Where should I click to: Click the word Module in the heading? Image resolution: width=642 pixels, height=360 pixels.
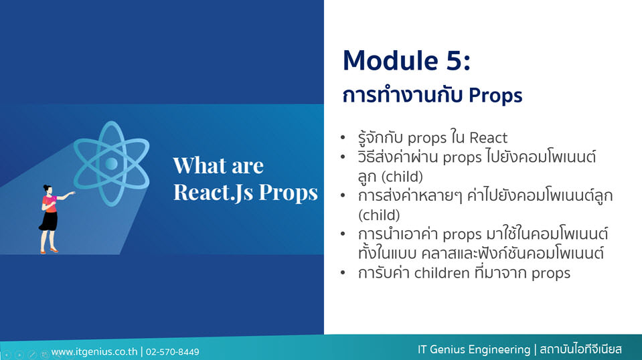point(390,60)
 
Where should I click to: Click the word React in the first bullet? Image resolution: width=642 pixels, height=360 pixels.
point(488,138)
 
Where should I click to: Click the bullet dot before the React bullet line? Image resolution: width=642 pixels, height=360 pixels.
point(343,138)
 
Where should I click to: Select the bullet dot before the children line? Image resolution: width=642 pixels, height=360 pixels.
point(343,273)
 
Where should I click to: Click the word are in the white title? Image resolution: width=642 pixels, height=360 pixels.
point(248,167)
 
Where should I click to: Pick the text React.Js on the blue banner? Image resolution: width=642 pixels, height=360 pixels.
point(214,192)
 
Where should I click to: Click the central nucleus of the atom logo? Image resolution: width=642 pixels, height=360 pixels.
point(111,164)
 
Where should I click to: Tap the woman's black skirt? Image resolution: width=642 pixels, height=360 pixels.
point(49,221)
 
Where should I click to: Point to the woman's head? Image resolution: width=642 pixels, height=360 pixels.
point(48,189)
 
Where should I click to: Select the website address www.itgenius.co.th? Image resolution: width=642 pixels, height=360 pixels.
point(94,352)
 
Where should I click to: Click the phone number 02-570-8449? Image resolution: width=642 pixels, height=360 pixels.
point(172,352)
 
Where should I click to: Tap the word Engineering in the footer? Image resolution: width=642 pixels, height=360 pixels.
point(499,350)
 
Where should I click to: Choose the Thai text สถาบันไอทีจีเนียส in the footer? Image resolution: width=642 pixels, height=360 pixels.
point(580,349)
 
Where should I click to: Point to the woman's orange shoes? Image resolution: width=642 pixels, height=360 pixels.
point(49,251)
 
